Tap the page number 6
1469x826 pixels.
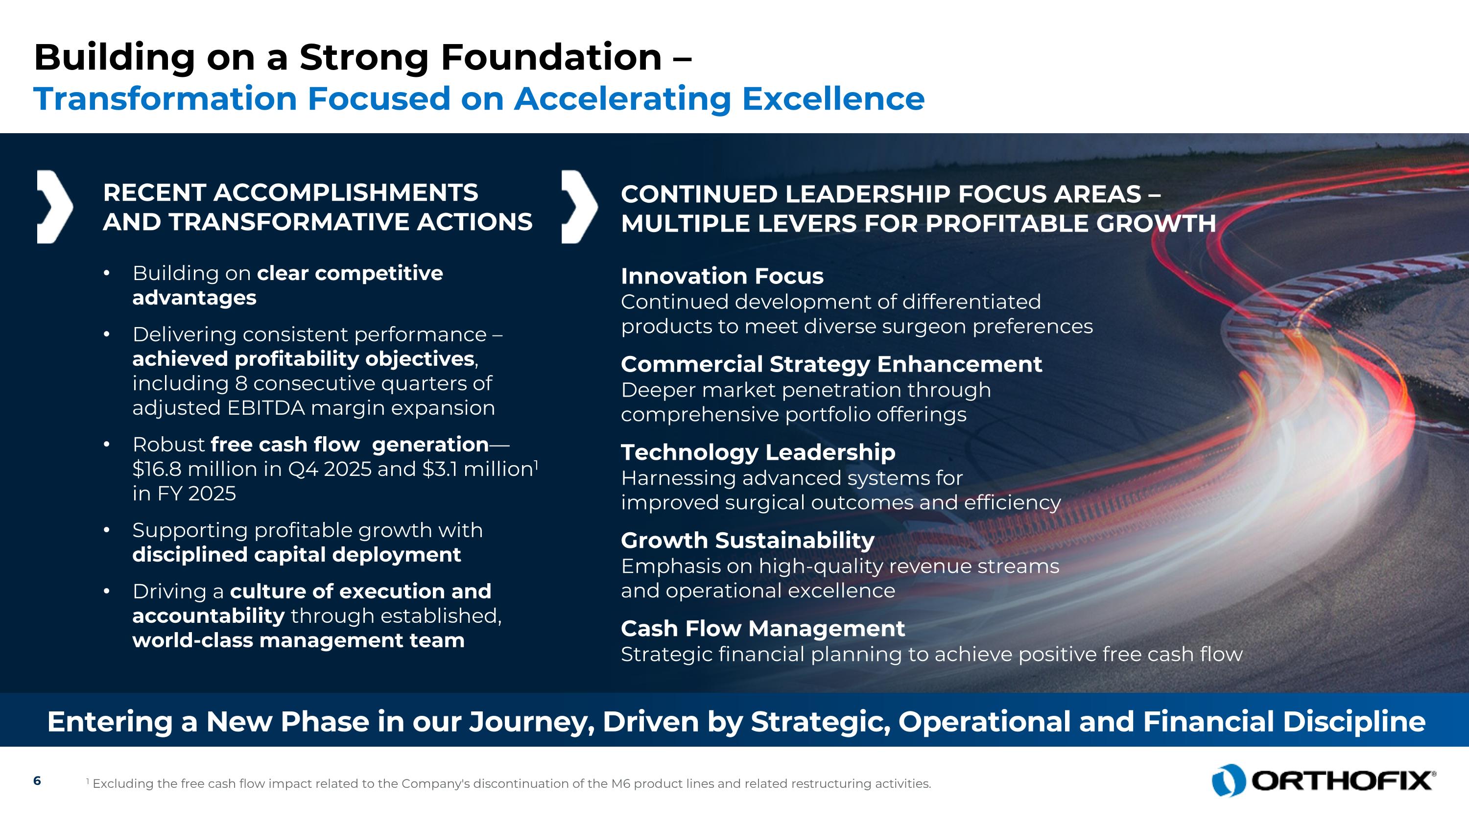(37, 781)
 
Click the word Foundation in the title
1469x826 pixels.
(550, 58)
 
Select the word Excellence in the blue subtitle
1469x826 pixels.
(832, 98)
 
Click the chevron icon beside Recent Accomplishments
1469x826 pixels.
(55, 207)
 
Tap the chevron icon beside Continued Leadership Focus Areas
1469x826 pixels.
(579, 207)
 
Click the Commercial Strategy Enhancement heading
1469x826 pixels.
(831, 364)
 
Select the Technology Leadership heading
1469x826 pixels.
(758, 452)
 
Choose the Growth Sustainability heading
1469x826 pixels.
(747, 541)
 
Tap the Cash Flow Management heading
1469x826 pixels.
(762, 629)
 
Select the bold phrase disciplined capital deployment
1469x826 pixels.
(297, 555)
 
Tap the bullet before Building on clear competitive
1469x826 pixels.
(106, 274)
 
